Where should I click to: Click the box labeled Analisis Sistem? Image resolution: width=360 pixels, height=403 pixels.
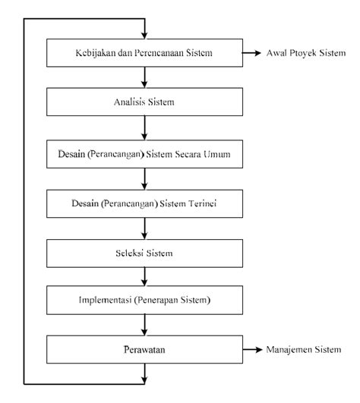coord(144,102)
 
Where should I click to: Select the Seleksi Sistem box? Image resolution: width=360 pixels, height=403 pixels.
coord(144,253)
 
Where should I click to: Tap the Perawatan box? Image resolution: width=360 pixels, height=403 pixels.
coord(144,350)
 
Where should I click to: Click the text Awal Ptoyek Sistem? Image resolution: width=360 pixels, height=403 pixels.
coord(306,53)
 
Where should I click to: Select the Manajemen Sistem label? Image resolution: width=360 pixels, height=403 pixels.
coord(304,350)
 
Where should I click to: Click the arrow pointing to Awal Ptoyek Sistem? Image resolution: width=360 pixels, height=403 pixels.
coord(251,53)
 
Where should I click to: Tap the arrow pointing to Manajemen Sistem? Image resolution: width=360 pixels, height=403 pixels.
coord(252,350)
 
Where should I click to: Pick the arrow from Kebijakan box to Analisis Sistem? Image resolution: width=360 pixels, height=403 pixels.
coord(144,77)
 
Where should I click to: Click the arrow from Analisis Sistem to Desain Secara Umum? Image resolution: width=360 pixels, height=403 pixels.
coord(144,128)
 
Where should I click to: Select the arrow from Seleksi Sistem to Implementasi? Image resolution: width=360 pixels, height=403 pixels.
coord(144,277)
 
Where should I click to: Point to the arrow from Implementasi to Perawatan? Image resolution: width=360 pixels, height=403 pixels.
coord(144,325)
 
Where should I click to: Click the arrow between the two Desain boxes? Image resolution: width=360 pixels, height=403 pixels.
coord(144,179)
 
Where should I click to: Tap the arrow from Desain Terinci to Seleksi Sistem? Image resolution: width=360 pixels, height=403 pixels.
coord(144,228)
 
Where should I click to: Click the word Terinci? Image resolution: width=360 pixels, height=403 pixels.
coord(202,203)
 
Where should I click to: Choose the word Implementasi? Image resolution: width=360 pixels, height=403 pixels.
coord(105,300)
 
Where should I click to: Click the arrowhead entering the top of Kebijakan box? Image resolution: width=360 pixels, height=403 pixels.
coord(144,36)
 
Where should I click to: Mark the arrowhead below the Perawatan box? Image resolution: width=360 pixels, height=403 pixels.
coord(144,381)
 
